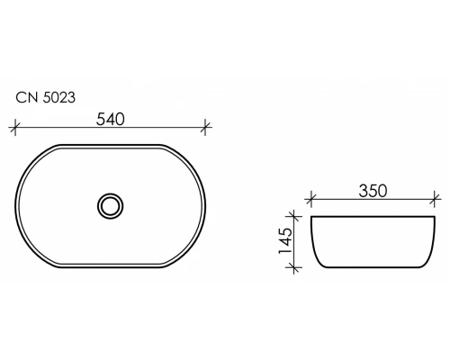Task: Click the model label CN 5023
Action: [45, 98]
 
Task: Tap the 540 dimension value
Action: [110, 120]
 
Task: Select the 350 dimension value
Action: [373, 191]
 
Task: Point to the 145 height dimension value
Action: [285, 241]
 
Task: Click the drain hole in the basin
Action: [111, 206]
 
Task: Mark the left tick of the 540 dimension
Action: [15, 127]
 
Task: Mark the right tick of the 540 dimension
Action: [205, 127]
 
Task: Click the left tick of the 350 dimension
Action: [310, 199]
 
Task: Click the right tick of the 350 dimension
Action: [435, 199]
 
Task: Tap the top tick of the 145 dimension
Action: [294, 216]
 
